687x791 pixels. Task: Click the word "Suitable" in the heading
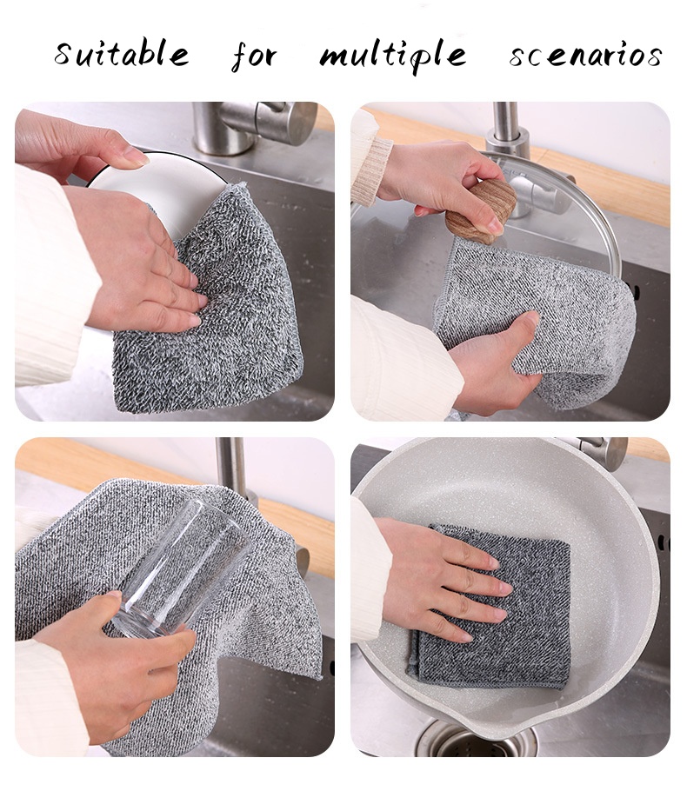(122, 53)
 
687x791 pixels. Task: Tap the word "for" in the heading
(254, 56)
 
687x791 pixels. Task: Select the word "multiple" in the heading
(393, 56)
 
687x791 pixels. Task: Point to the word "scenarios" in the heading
(585, 55)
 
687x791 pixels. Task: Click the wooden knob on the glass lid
(481, 211)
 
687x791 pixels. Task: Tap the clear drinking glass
(181, 568)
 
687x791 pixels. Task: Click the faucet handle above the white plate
(268, 121)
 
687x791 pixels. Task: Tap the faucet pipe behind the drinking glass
(231, 469)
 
